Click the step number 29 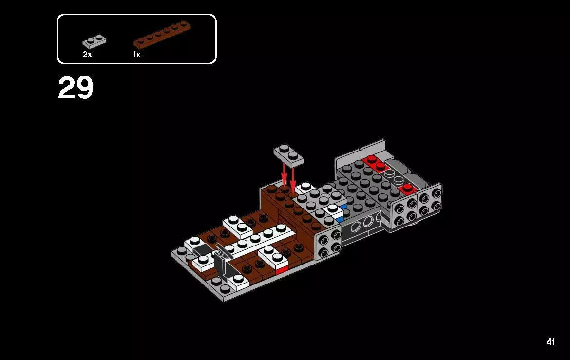pyautogui.click(x=76, y=88)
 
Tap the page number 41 pyautogui.click(x=551, y=342)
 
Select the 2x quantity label pyautogui.click(x=87, y=55)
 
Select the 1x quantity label pyautogui.click(x=137, y=55)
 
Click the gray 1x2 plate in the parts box pyautogui.click(x=95, y=41)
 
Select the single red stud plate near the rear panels pyautogui.click(x=406, y=189)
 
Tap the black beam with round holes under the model pyautogui.click(x=363, y=225)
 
